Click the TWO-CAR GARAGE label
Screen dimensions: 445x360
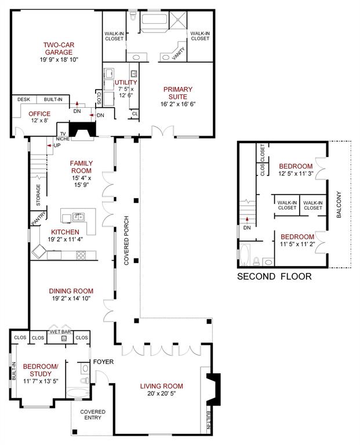(x=58, y=48)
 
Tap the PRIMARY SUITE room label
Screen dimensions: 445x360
(x=177, y=93)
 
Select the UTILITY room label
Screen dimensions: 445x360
(x=126, y=83)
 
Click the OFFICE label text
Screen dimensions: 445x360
(x=40, y=114)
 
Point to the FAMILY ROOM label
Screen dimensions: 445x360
(x=81, y=167)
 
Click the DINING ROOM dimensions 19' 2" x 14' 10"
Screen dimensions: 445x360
(x=71, y=299)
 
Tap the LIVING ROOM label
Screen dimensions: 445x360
(x=162, y=386)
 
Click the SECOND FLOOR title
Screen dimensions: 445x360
(x=274, y=276)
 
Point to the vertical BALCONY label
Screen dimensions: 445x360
(x=340, y=205)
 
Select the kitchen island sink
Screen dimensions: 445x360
(x=77, y=217)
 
